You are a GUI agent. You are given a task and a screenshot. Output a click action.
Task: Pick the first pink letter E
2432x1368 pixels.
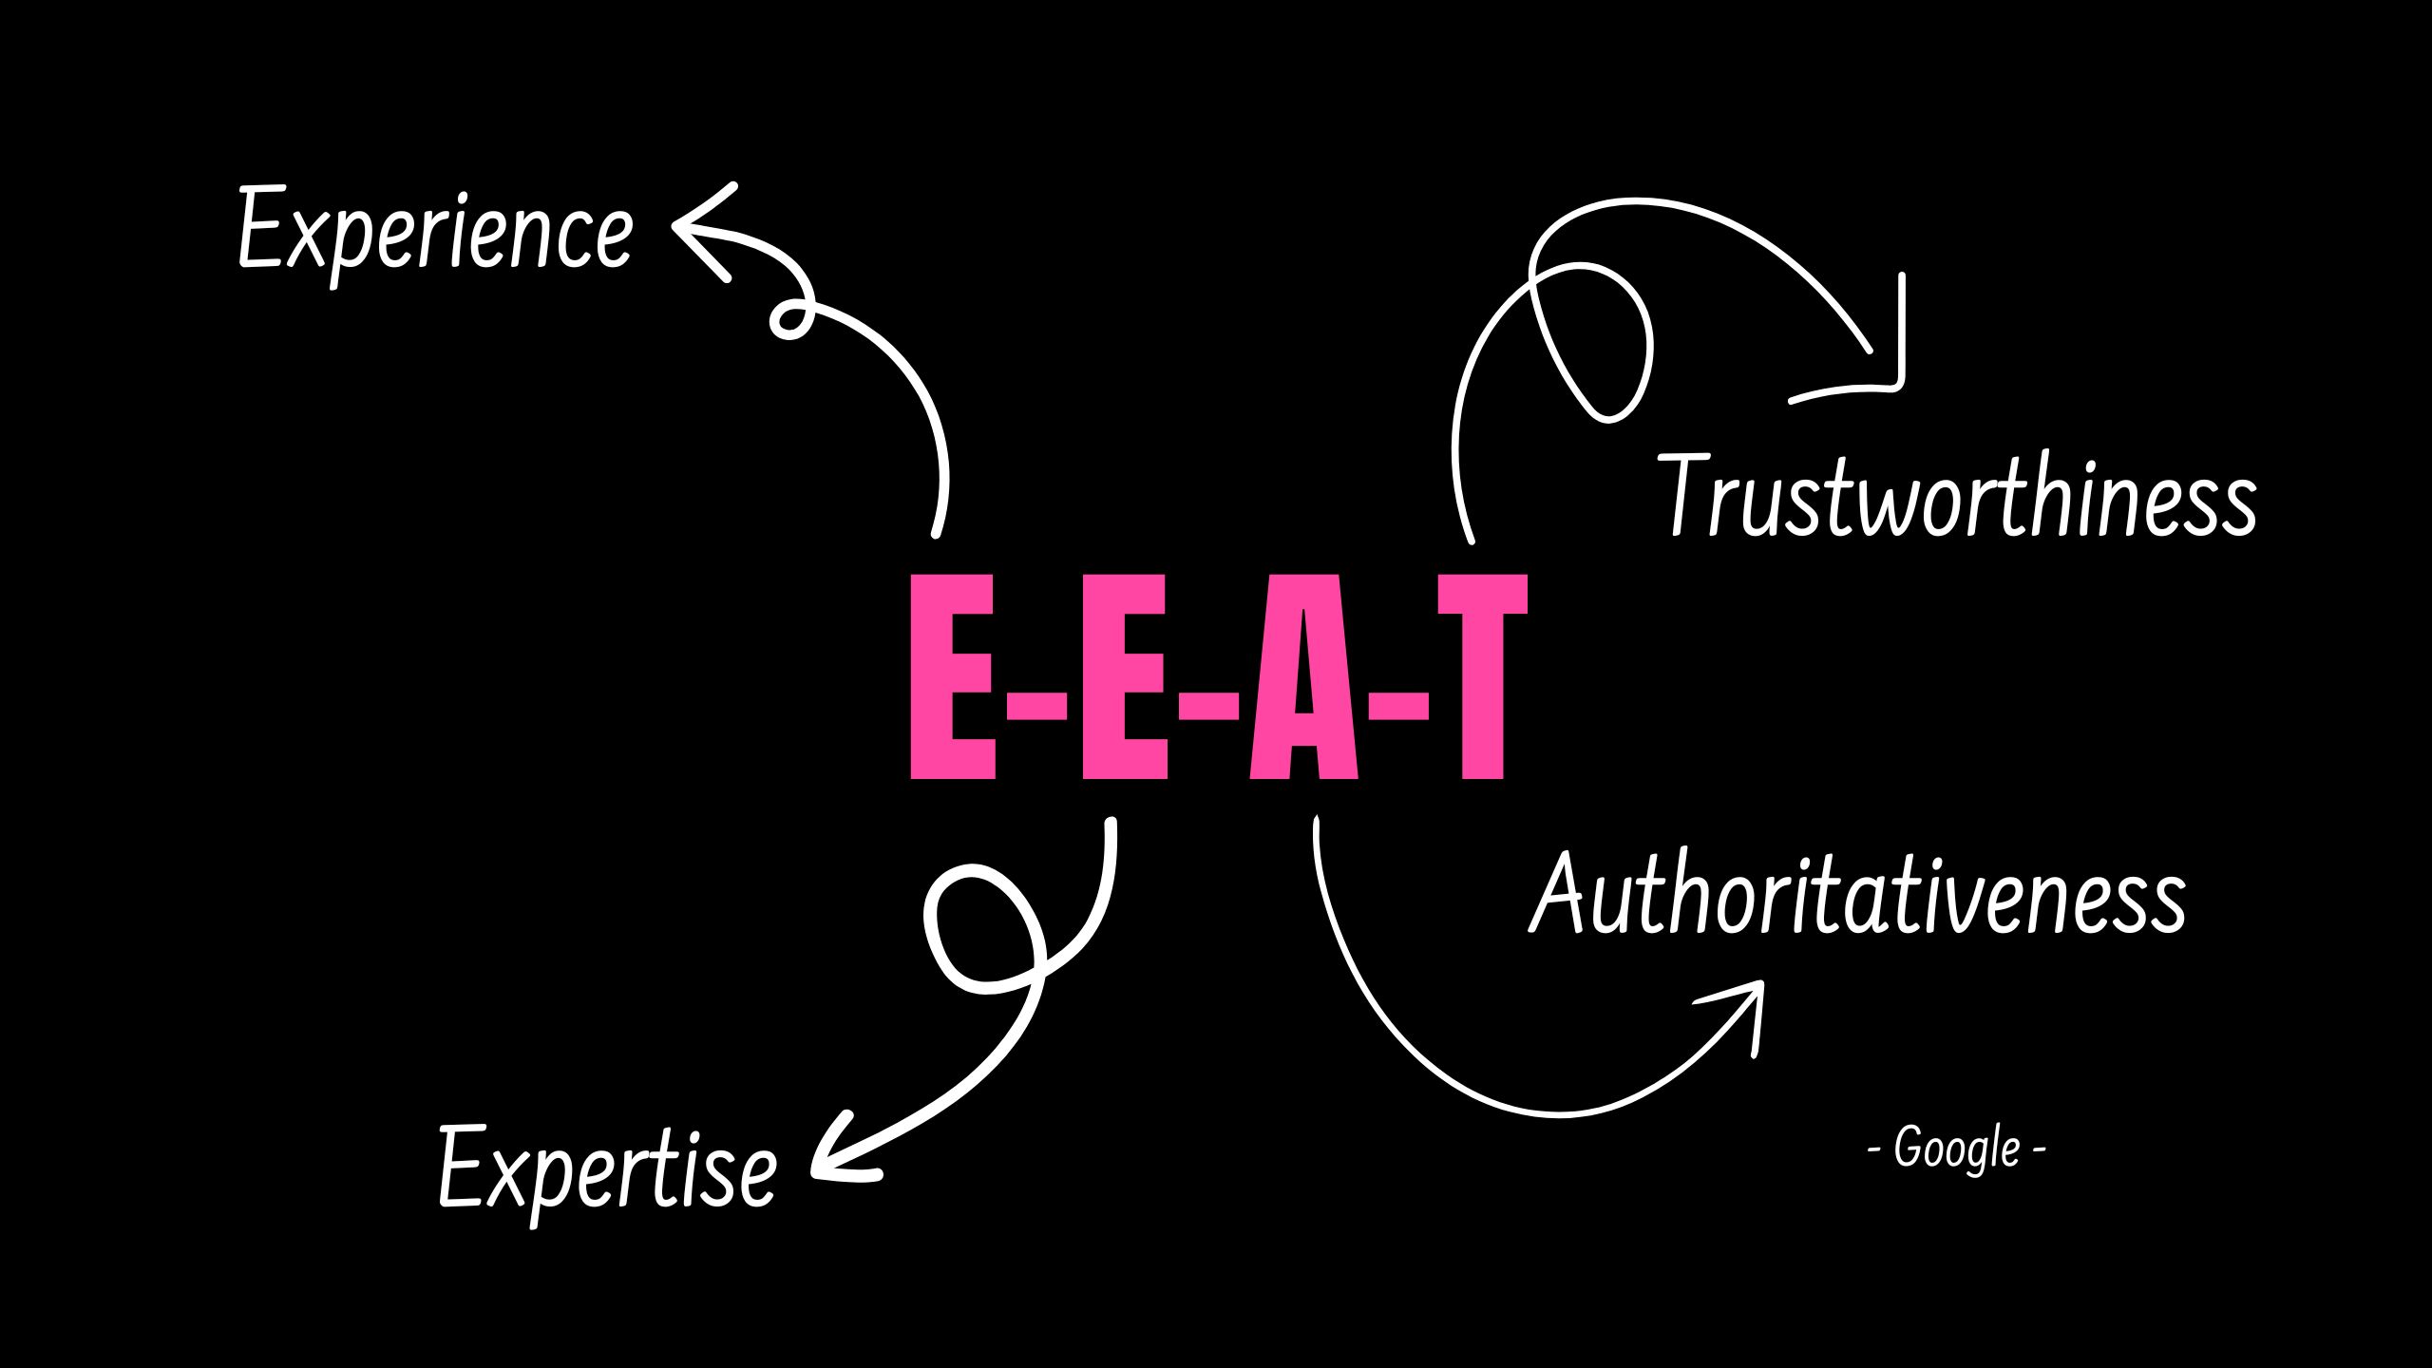953,677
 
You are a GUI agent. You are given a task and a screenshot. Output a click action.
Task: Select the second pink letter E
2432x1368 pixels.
1126,677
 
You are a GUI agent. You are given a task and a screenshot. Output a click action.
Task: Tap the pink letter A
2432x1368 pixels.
1303,677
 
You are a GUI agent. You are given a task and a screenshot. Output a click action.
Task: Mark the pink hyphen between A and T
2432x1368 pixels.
1397,705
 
